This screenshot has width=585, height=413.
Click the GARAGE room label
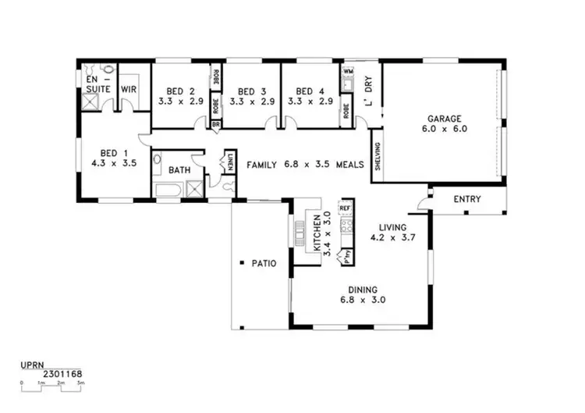coord(444,119)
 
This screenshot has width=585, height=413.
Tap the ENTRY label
coord(467,199)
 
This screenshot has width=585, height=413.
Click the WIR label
coord(129,90)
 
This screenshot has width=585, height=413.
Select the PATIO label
coord(264,263)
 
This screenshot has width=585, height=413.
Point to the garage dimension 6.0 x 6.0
coord(444,130)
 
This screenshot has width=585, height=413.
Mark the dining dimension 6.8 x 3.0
coord(363,299)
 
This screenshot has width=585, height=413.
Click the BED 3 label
coord(252,91)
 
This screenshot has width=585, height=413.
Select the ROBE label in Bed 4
coord(346,112)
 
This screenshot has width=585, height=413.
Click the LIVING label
coord(388,226)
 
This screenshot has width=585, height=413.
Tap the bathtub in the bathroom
coord(169,190)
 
